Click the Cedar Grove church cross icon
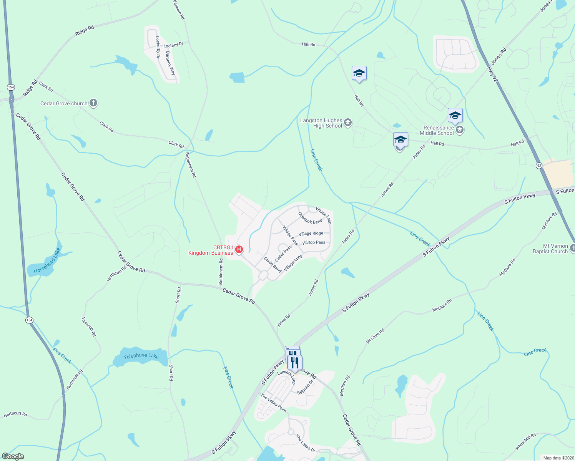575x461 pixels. pos(93,103)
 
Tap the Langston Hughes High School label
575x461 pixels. pos(321,123)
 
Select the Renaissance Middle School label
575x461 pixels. pos(437,130)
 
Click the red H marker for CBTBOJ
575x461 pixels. pos(239,250)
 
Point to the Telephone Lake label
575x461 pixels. pos(141,356)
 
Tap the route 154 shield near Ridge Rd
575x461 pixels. pos(11,87)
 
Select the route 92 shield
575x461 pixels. pos(539,166)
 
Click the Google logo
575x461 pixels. pos(13,456)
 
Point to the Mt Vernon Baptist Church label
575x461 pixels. pos(550,249)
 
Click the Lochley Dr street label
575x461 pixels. pos(173,45)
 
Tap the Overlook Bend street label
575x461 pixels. pos(310,218)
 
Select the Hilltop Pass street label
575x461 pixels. pos(314,242)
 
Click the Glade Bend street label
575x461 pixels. pos(273,265)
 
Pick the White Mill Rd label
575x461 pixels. pos(525,442)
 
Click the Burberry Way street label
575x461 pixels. pos(170,63)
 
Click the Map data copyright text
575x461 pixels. pos(558,458)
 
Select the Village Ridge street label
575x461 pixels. pos(311,234)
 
